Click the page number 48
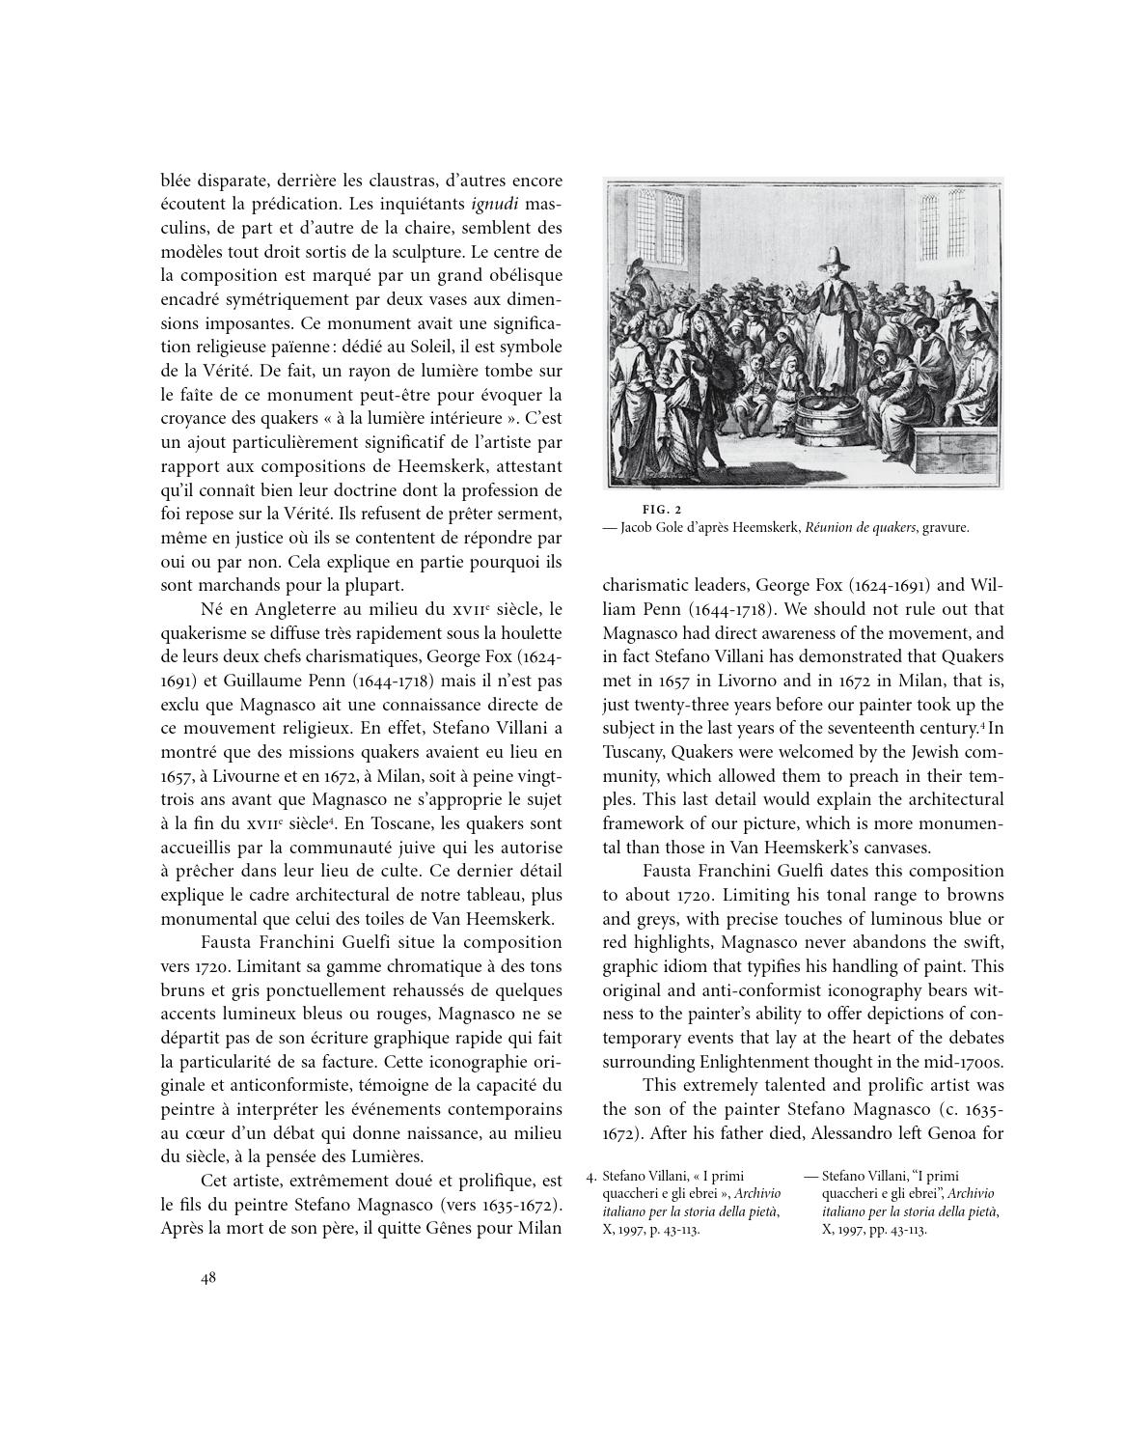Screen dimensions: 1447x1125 click(x=208, y=1278)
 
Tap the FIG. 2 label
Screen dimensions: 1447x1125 click(x=662, y=509)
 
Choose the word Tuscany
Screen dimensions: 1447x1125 click(x=634, y=751)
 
